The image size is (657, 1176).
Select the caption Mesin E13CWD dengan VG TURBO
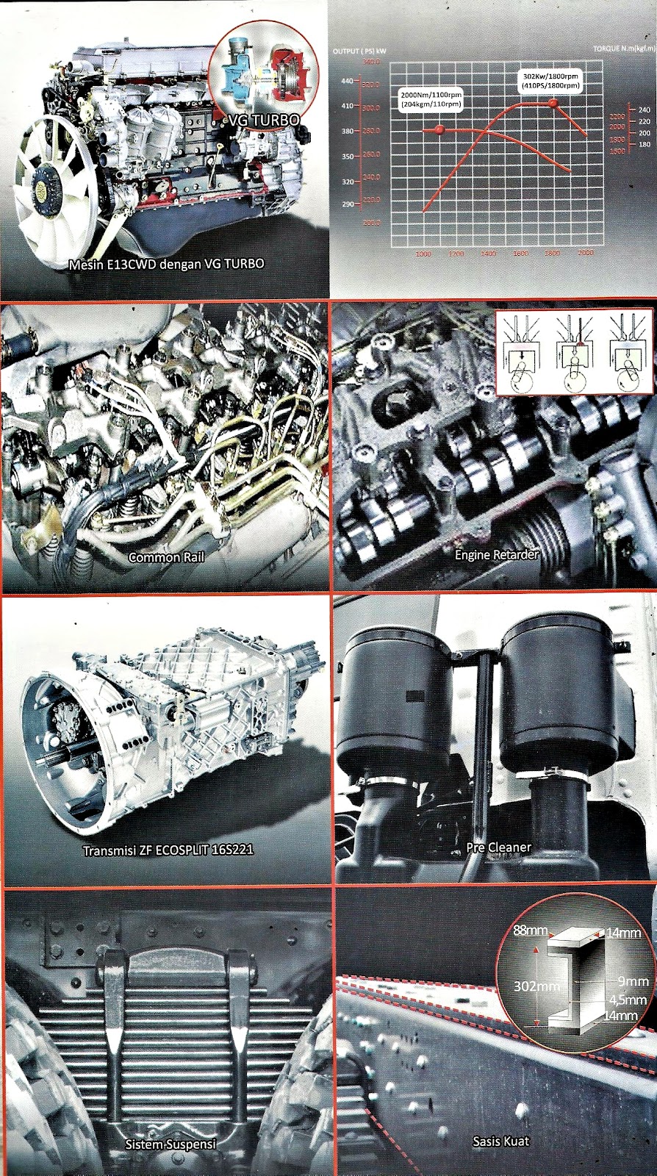pyautogui.click(x=166, y=264)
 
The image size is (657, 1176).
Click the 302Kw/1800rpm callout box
pyautogui.click(x=550, y=81)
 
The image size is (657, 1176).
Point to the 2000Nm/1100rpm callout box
pyautogui.click(x=431, y=99)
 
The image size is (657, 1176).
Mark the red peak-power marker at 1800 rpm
pyautogui.click(x=555, y=104)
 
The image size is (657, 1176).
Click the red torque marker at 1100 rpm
pyautogui.click(x=440, y=130)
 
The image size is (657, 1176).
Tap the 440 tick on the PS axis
pyautogui.click(x=348, y=81)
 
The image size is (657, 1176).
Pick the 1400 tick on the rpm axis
pyautogui.click(x=488, y=254)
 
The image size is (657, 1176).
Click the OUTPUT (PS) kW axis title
pyautogui.click(x=359, y=51)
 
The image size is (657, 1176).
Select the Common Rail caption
pyautogui.click(x=166, y=557)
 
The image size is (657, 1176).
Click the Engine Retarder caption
pyautogui.click(x=497, y=555)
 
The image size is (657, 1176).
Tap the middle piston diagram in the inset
pyautogui.click(x=574, y=352)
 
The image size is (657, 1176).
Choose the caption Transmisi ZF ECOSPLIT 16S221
pyautogui.click(x=168, y=850)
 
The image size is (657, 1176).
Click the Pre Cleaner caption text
pyautogui.click(x=498, y=847)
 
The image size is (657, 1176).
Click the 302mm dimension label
pyautogui.click(x=536, y=986)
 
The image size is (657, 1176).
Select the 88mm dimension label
pyautogui.click(x=530, y=931)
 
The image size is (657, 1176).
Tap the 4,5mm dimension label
pyautogui.click(x=628, y=1000)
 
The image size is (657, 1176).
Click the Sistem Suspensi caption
pyautogui.click(x=170, y=1144)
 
